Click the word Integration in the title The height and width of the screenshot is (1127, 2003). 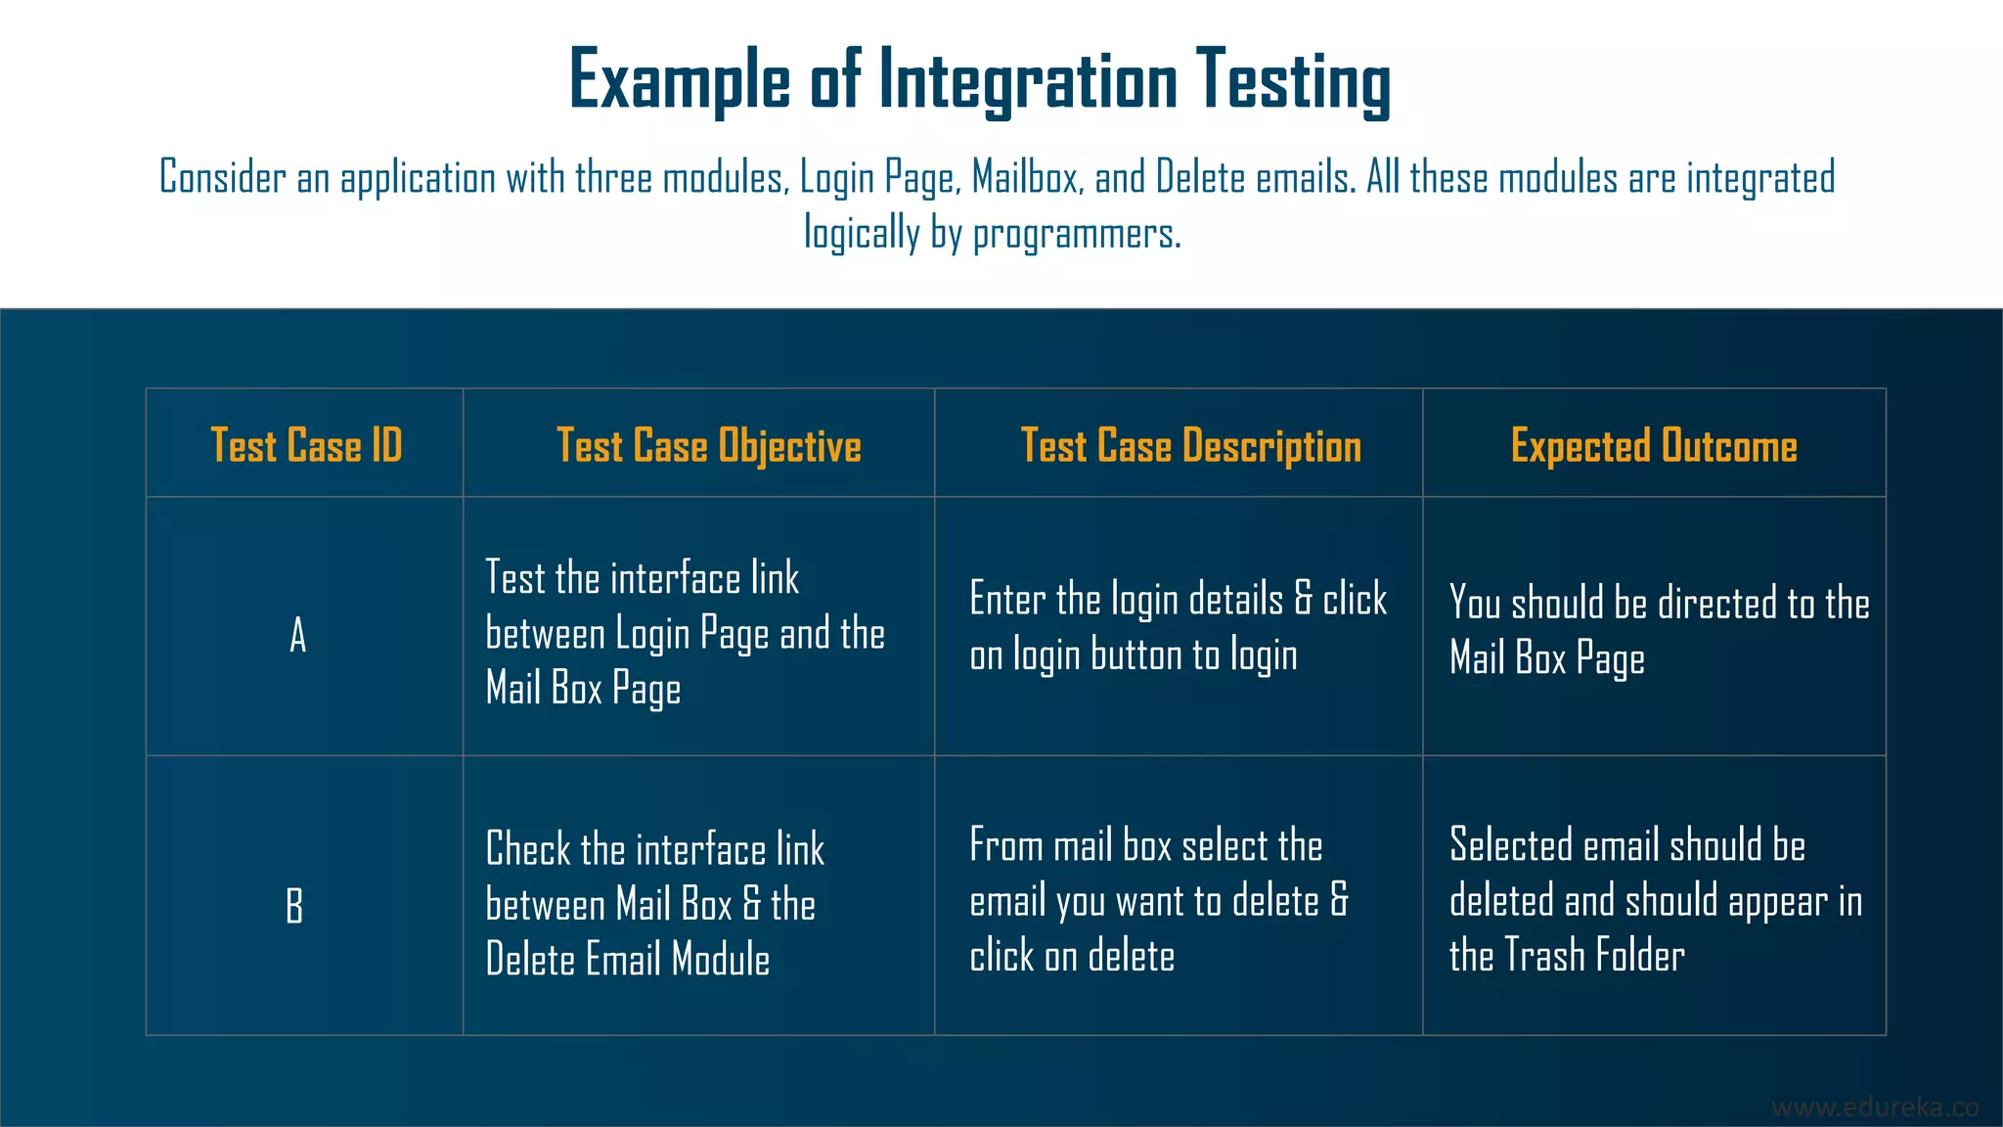tap(1028, 80)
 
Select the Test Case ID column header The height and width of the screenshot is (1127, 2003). tap(306, 445)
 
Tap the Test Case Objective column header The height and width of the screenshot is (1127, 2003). tap(708, 445)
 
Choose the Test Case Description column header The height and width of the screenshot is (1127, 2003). tap(1190, 445)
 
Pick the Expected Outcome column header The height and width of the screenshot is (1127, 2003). tap(1654, 445)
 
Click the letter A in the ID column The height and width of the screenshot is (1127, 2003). tap(298, 635)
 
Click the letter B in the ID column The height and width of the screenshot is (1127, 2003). tap(294, 905)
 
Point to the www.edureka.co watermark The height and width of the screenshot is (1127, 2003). tap(1875, 1106)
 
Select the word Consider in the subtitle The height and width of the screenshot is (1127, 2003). tap(223, 178)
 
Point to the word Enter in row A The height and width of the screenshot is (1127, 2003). tap(1006, 599)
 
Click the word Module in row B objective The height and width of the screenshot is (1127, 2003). tap(721, 960)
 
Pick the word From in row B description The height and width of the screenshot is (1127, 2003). tap(1005, 845)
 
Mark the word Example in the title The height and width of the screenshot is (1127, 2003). tap(679, 80)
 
